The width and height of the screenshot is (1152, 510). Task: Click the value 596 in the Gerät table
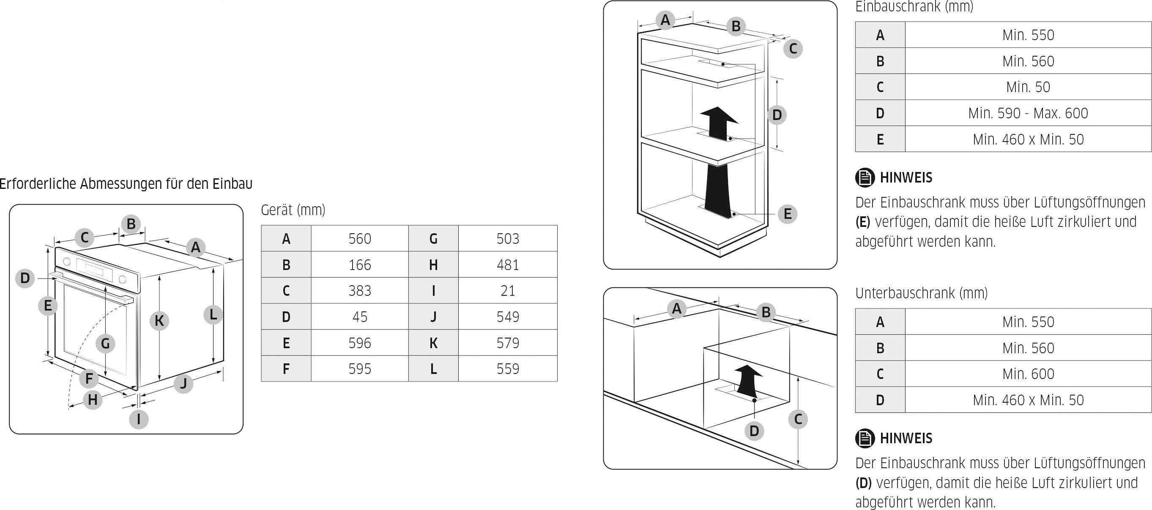point(360,343)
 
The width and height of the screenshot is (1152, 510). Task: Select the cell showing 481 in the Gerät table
point(508,265)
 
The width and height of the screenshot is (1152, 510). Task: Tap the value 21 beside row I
point(508,291)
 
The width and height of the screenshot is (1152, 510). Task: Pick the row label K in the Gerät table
point(433,343)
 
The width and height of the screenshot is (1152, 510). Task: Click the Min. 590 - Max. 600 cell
point(1028,113)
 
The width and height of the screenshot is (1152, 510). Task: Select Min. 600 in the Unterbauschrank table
point(1028,374)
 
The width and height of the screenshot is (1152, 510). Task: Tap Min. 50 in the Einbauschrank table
point(1028,87)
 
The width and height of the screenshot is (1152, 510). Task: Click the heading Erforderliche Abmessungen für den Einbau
point(126,184)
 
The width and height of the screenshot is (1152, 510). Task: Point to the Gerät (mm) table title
point(293,210)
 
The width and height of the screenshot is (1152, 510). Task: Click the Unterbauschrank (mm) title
point(921,293)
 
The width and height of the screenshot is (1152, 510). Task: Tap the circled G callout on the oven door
point(106,343)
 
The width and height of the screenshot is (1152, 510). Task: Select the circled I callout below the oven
point(139,419)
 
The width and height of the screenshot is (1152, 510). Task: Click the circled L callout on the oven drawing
point(213,314)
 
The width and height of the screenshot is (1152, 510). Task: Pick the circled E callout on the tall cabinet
point(788,214)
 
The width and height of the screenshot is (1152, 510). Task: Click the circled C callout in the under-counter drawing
point(798,419)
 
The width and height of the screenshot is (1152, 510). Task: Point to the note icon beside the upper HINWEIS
point(865,177)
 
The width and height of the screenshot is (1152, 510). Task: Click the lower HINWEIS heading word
point(906,438)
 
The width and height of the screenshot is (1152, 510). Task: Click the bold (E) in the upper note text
point(863,222)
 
